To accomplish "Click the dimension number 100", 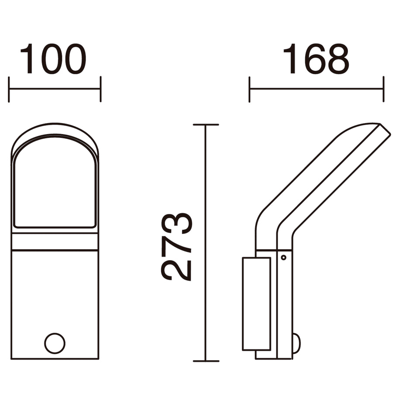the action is pos(53,59).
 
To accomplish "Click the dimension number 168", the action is pos(316,59).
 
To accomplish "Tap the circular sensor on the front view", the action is pos(55,343).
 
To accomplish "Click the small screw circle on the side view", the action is pos(283,258).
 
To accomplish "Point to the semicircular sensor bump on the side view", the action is pos(297,343).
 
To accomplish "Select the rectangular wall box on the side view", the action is pos(256,304).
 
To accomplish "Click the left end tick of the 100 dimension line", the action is pos(9,89).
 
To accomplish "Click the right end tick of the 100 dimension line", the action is pos(101,89).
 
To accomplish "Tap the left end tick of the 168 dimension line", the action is pos(249,89).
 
